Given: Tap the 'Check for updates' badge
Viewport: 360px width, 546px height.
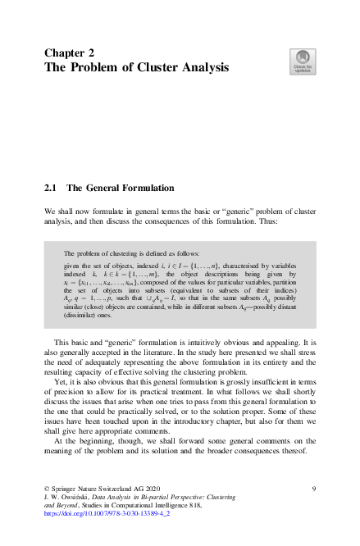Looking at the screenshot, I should coord(301,61).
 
